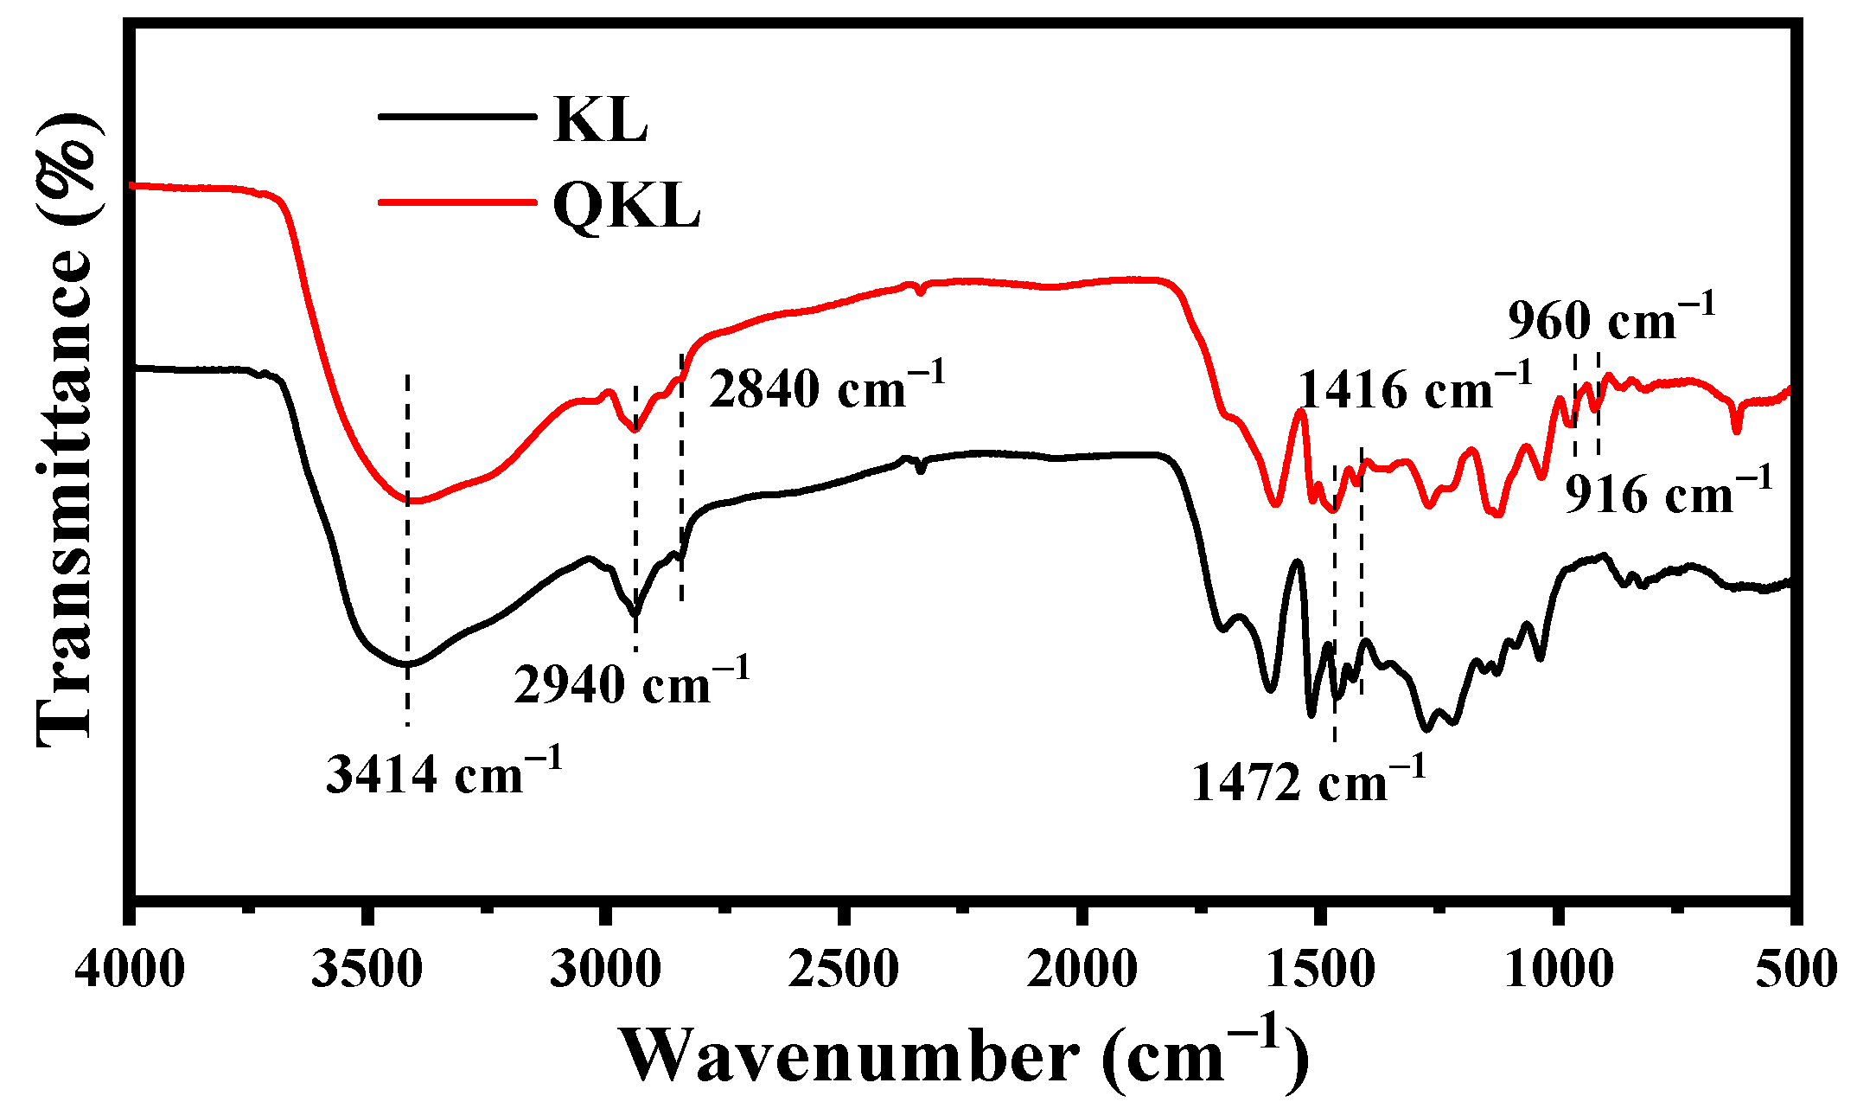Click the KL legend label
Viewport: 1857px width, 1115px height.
coord(600,120)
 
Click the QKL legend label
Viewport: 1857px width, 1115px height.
coord(626,206)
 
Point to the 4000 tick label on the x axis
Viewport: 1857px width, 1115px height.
coord(130,969)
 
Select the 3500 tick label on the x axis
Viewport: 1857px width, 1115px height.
coord(367,969)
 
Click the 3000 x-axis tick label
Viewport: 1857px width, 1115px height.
coord(605,969)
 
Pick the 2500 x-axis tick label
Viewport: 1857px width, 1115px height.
coord(844,969)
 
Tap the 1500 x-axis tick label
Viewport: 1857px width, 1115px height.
coord(1320,969)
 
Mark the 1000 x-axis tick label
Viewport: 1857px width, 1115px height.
coord(1558,969)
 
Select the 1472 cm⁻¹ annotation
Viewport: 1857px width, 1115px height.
coord(1308,781)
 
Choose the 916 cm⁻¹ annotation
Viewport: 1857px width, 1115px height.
coord(1669,493)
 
